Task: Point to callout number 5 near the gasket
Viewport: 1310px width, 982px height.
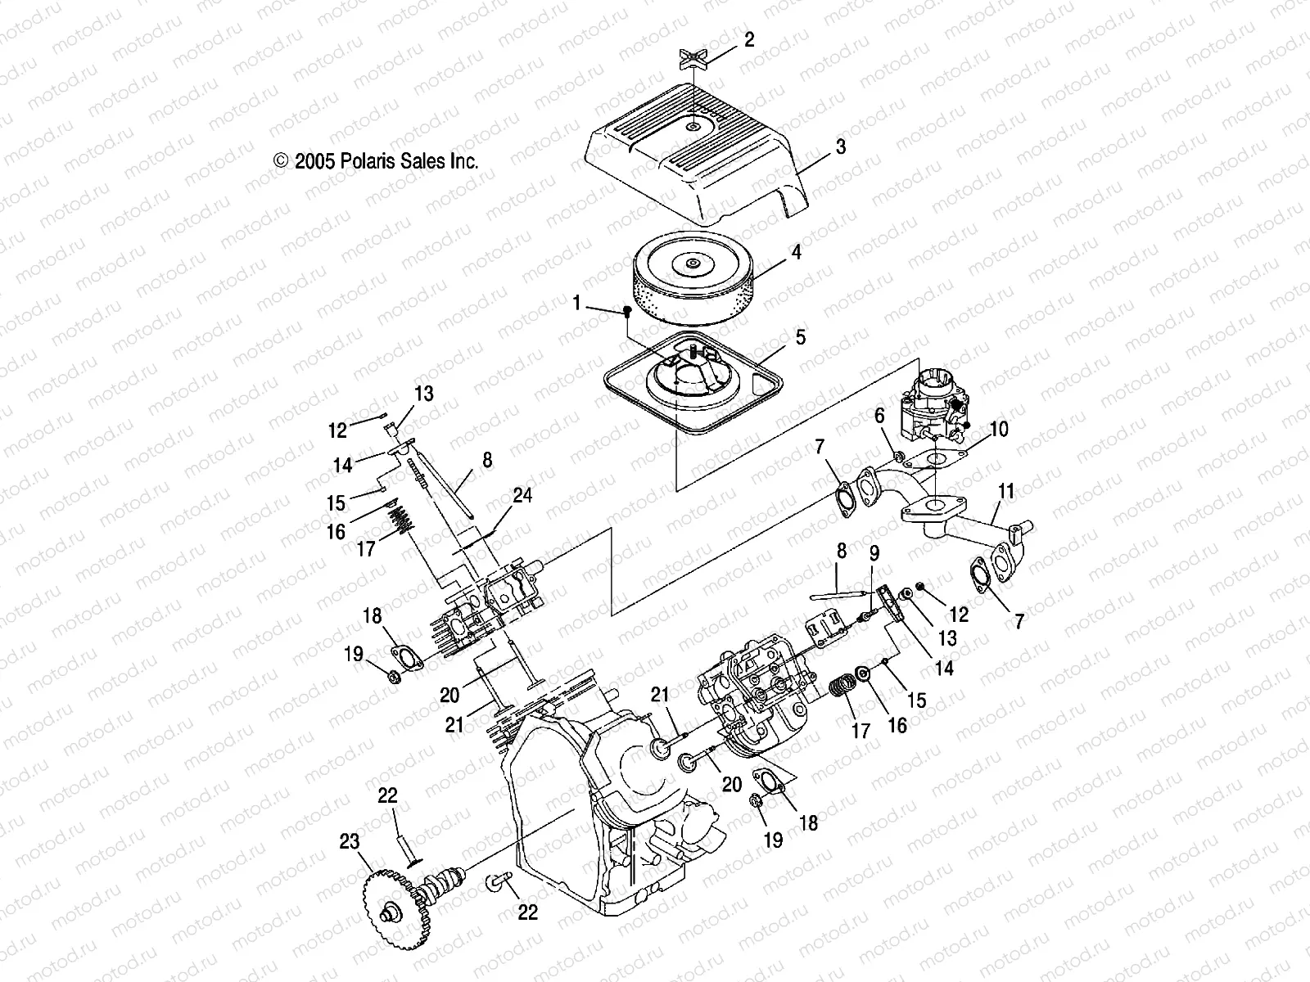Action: click(x=800, y=336)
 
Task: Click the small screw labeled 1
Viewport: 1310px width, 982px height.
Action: click(x=627, y=311)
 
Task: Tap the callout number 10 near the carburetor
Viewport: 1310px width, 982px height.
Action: click(x=999, y=429)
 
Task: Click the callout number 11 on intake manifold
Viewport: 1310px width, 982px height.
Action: click(x=1006, y=491)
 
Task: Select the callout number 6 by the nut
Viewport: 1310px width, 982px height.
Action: click(x=879, y=416)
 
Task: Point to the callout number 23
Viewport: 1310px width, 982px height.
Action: click(x=350, y=841)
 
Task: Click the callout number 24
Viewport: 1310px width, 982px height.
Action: click(x=522, y=496)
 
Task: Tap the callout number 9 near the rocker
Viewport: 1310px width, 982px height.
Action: click(x=874, y=552)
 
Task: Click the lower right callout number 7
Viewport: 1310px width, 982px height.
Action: click(x=1019, y=621)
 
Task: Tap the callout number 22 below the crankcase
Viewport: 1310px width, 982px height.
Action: click(x=528, y=911)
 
